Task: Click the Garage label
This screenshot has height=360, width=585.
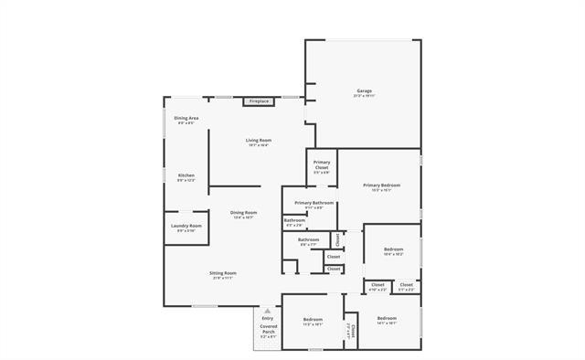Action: pyautogui.click(x=364, y=90)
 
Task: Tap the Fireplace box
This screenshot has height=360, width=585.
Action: pyautogui.click(x=259, y=101)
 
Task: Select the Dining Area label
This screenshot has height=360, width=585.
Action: pyautogui.click(x=186, y=119)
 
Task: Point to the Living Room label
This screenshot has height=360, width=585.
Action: pyautogui.click(x=258, y=141)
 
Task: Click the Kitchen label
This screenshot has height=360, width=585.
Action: pyautogui.click(x=186, y=175)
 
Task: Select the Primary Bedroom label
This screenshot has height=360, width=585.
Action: pyautogui.click(x=381, y=185)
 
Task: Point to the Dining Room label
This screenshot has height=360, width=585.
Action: pyautogui.click(x=243, y=213)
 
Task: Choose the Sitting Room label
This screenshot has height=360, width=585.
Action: pyautogui.click(x=224, y=273)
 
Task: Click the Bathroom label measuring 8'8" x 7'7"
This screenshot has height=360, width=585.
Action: pyautogui.click(x=308, y=240)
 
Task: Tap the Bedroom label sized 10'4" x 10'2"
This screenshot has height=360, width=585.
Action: pyautogui.click(x=393, y=249)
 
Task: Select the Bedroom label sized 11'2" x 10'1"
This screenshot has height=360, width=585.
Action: pyautogui.click(x=313, y=320)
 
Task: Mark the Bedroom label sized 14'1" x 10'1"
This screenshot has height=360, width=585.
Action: pyautogui.click(x=386, y=319)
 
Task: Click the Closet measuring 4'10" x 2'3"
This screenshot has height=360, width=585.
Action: pyautogui.click(x=378, y=285)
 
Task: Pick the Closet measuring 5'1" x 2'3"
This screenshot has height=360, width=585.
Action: pyautogui.click(x=406, y=285)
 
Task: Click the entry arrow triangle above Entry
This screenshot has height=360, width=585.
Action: pyautogui.click(x=267, y=310)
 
